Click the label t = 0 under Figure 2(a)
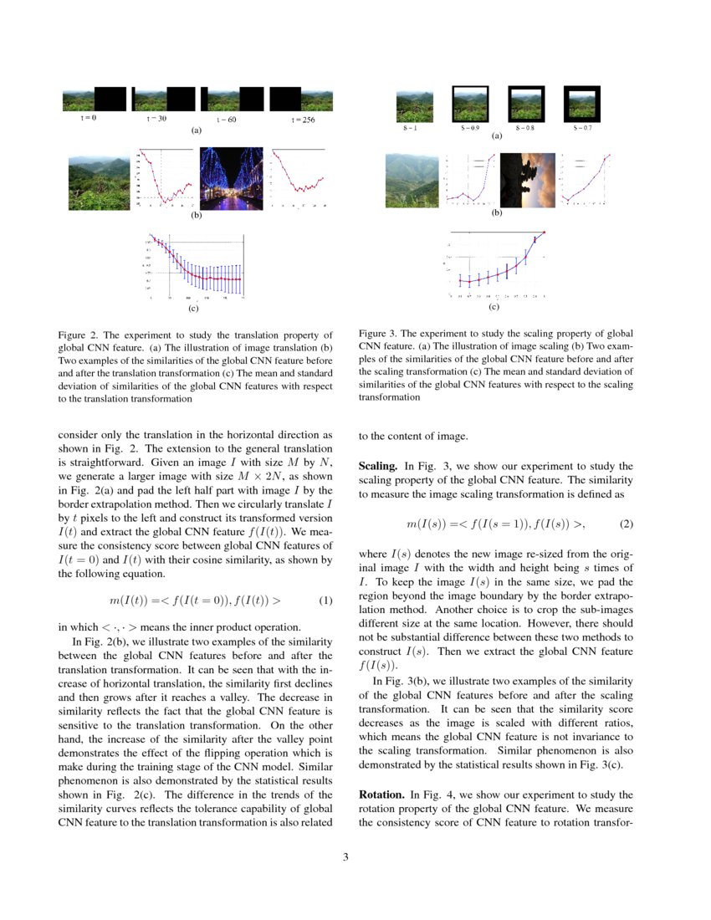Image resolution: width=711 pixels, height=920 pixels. [x=88, y=118]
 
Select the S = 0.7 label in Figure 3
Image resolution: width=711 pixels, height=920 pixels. [x=582, y=128]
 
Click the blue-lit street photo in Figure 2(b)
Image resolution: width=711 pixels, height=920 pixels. [x=230, y=178]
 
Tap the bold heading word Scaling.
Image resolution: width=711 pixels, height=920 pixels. [x=377, y=466]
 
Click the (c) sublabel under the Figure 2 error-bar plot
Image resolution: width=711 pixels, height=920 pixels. [x=193, y=309]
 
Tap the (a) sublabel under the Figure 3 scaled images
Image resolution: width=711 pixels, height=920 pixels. [x=496, y=135]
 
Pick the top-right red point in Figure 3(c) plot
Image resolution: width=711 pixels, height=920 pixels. [x=545, y=232]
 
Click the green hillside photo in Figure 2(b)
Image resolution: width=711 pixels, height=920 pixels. [x=99, y=178]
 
